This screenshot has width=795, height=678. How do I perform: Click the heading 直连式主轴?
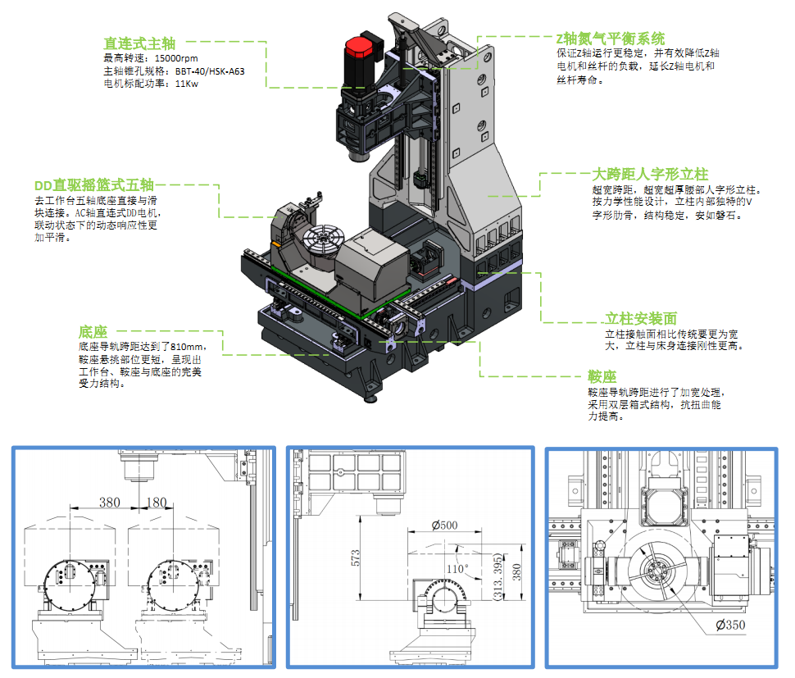[x=139, y=43]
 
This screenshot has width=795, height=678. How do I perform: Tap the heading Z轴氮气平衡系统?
[x=610, y=39]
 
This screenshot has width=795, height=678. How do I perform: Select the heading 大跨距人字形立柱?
[x=649, y=174]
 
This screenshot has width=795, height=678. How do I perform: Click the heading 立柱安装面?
[x=640, y=318]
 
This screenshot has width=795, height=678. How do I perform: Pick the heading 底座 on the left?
[x=93, y=332]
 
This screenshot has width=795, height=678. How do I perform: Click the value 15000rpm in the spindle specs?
[x=176, y=58]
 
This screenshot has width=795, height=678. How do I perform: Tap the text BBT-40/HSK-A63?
[x=210, y=71]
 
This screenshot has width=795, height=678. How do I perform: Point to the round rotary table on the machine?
[x=322, y=242]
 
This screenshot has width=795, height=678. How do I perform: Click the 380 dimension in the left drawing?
[x=109, y=502]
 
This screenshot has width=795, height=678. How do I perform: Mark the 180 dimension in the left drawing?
[x=156, y=502]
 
